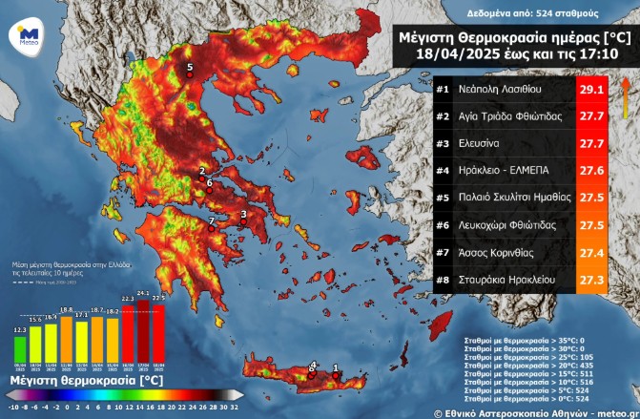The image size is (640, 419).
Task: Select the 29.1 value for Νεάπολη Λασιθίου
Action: [x=592, y=90]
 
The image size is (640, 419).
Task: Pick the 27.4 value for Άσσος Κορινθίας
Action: [x=592, y=252]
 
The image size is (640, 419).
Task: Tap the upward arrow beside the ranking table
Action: [x=624, y=95]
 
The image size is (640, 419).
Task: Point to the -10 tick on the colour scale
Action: [x=10, y=406]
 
